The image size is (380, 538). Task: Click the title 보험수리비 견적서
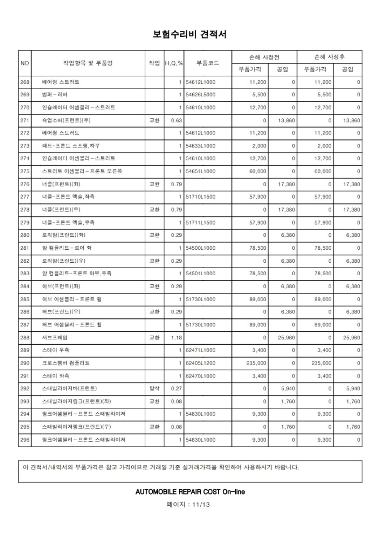[190, 34]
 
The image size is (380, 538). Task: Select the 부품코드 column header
[207, 63]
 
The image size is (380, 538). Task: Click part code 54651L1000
[200, 171]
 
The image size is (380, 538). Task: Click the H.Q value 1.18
[176, 337]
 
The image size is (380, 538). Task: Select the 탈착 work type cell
[154, 388]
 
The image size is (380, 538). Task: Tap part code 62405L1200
[200, 363]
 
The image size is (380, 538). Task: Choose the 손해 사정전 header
[264, 57]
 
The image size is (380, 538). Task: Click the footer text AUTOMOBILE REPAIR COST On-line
[190, 492]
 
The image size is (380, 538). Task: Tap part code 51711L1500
[200, 222]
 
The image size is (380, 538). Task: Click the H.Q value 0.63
[176, 120]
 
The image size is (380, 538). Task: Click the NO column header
[25, 63]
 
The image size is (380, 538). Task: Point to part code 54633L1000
[200, 146]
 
